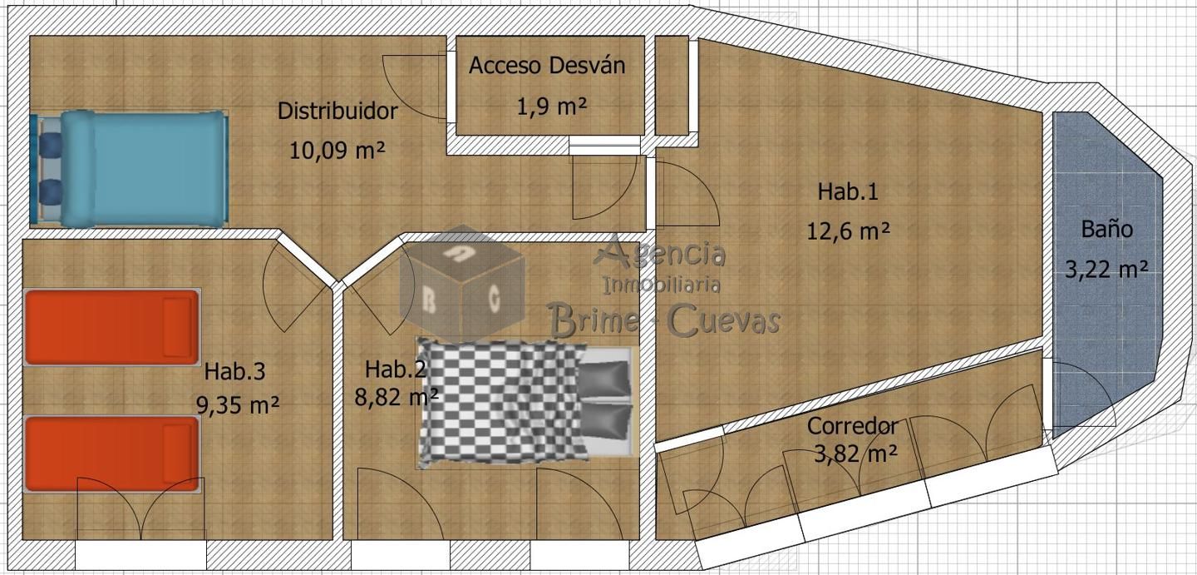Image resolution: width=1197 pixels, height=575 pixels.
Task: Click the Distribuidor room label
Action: [x=337, y=112]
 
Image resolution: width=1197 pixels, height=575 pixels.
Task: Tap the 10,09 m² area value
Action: [x=337, y=150]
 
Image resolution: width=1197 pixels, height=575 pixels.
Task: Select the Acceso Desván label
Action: [x=547, y=65]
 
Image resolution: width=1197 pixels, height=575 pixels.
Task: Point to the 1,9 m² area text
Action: [x=551, y=107]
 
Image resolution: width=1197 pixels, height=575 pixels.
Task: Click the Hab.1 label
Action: [x=848, y=191]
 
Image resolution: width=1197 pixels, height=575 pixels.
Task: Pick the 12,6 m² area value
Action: [x=848, y=231]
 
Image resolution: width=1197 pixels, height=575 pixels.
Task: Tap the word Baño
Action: [x=1106, y=229]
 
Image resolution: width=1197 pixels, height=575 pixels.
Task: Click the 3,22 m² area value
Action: [x=1106, y=269]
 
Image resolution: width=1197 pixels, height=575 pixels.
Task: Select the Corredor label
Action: [x=852, y=426]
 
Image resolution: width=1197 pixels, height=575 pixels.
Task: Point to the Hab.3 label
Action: [x=234, y=371]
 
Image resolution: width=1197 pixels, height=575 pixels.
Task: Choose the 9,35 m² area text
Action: [x=237, y=405]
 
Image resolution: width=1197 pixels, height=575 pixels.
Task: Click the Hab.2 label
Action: [x=396, y=369]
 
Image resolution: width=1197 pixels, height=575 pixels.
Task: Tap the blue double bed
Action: [x=130, y=168]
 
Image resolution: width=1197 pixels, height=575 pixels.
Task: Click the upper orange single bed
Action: [x=112, y=327]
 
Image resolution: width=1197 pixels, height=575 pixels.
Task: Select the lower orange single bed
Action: [x=112, y=454]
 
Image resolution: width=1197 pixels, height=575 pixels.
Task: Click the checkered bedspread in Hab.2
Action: [x=502, y=402]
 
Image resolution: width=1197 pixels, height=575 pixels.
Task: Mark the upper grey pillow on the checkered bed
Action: [x=603, y=379]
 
